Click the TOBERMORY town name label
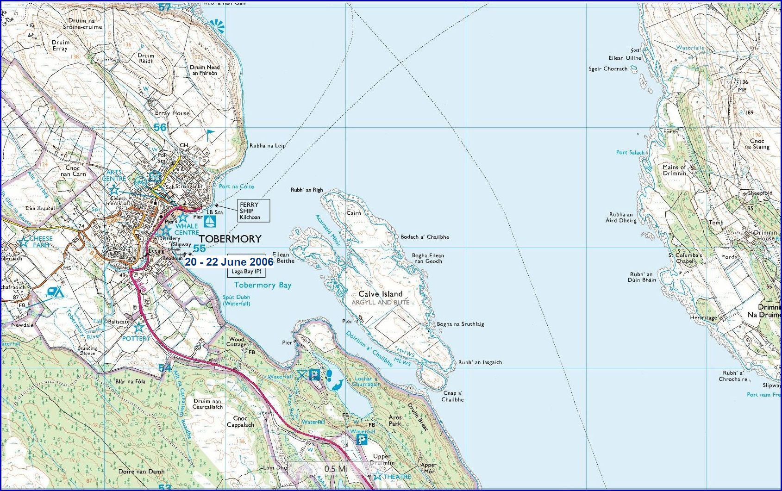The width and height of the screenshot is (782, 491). pyautogui.click(x=230, y=239)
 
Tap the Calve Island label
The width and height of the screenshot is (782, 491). pyautogui.click(x=381, y=294)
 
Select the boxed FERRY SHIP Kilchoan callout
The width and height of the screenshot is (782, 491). pyautogui.click(x=254, y=211)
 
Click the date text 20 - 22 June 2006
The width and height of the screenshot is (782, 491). pyautogui.click(x=229, y=262)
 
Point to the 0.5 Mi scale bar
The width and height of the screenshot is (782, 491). pyautogui.click(x=336, y=468)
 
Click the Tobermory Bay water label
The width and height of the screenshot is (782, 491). pyautogui.click(x=263, y=285)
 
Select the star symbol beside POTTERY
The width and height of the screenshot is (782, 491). pyautogui.click(x=138, y=327)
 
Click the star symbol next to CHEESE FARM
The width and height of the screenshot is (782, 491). pyautogui.click(x=22, y=242)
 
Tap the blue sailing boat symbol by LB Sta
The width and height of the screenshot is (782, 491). pyautogui.click(x=210, y=221)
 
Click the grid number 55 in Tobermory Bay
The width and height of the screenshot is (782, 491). pyautogui.click(x=200, y=248)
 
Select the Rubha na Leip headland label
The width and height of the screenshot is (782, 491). pyautogui.click(x=267, y=145)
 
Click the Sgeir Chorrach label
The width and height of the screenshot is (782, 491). pyautogui.click(x=607, y=69)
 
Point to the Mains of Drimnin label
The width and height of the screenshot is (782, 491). pyautogui.click(x=674, y=170)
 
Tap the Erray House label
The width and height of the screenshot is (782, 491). pyautogui.click(x=172, y=113)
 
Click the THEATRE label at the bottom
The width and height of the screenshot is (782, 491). pyautogui.click(x=397, y=477)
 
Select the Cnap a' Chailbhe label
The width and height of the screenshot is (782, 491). pyautogui.click(x=452, y=396)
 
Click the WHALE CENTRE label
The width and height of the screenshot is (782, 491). pyautogui.click(x=187, y=230)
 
